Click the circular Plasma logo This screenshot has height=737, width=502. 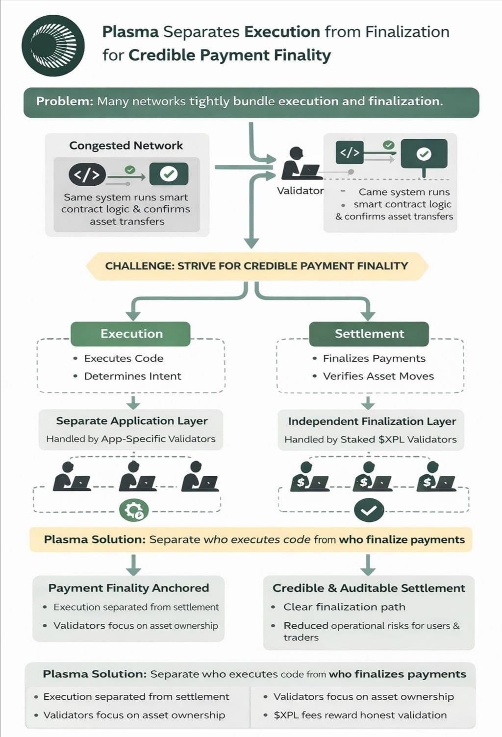click(x=53, y=46)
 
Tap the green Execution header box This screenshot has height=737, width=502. click(x=131, y=334)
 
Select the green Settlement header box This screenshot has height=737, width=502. click(x=369, y=334)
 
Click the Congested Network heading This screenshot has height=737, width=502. click(x=126, y=146)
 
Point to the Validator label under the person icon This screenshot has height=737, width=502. click(x=300, y=191)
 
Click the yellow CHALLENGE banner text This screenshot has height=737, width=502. click(x=256, y=266)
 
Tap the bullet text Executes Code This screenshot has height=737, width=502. click(x=124, y=358)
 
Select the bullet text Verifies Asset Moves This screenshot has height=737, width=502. click(x=378, y=376)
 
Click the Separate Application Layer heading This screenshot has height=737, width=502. click(x=131, y=421)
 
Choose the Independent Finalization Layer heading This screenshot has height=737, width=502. click(x=372, y=421)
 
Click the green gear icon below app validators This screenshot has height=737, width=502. click(x=134, y=511)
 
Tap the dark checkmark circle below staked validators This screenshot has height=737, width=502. click(x=369, y=511)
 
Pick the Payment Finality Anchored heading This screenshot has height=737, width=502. click(x=128, y=588)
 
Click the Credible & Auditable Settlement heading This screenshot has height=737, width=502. click(x=369, y=588)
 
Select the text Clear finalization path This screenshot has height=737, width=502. click(x=344, y=607)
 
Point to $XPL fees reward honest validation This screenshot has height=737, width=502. click(x=360, y=715)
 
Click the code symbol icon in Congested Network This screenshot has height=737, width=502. click(x=87, y=175)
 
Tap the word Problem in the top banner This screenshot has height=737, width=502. click(x=64, y=101)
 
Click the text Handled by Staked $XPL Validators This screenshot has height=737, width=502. click(x=370, y=440)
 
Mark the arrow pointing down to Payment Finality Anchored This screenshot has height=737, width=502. click(x=133, y=565)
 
